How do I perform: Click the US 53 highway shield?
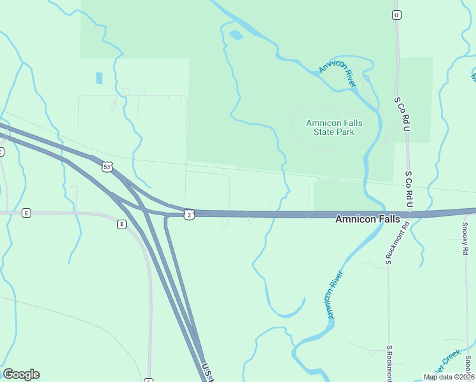pos(106,167)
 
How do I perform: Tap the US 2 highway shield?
pos(189,215)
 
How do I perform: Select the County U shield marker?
pos(396,14)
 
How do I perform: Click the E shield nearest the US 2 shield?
pos(121,224)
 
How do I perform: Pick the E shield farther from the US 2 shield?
pos(26,213)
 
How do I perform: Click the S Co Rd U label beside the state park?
pos(402,115)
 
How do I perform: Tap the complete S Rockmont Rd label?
pos(388,244)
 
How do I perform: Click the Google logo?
pos(21,374)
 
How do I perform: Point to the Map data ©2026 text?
pos(449,377)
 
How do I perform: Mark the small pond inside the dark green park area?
pos(235,35)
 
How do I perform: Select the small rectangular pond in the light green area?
pos(99,78)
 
